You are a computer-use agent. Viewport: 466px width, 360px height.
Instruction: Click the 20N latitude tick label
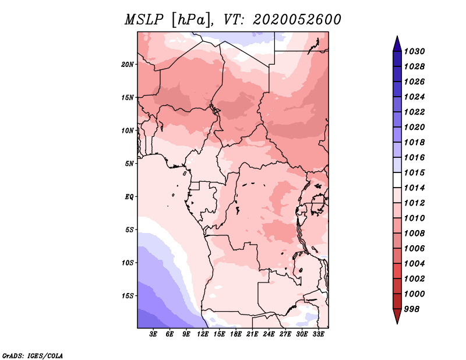coord(127,65)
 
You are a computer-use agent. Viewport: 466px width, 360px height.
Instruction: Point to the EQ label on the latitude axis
coord(129,197)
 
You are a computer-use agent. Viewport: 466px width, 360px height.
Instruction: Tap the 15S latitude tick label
coord(127,296)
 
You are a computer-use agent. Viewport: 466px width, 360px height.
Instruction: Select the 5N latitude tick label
coord(129,164)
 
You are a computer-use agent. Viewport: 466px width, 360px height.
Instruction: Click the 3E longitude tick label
coord(153,334)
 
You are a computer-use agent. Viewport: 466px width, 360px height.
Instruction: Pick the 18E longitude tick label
coord(236,334)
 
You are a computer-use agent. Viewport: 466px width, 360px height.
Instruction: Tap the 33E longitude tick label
coord(318,334)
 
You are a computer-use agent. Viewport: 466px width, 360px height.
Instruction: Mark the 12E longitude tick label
coord(203,334)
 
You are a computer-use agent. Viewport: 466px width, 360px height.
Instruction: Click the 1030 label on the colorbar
coord(414,51)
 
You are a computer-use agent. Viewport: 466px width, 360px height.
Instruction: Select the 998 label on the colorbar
coord(412,309)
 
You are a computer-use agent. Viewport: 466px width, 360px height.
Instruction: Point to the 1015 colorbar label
coord(414,172)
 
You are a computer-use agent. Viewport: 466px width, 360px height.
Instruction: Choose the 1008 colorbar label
coord(414,234)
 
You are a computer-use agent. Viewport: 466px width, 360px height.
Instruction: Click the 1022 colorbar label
coord(414,112)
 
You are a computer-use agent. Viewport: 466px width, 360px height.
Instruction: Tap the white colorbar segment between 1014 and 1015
coord(397,180)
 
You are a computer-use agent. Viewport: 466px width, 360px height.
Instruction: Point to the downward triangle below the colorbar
coord(397,316)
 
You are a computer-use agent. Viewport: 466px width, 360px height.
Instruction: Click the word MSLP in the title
coord(144,20)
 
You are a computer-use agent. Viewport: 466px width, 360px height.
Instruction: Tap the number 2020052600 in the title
coord(297,20)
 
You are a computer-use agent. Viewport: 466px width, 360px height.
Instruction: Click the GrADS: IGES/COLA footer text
coord(33,355)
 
